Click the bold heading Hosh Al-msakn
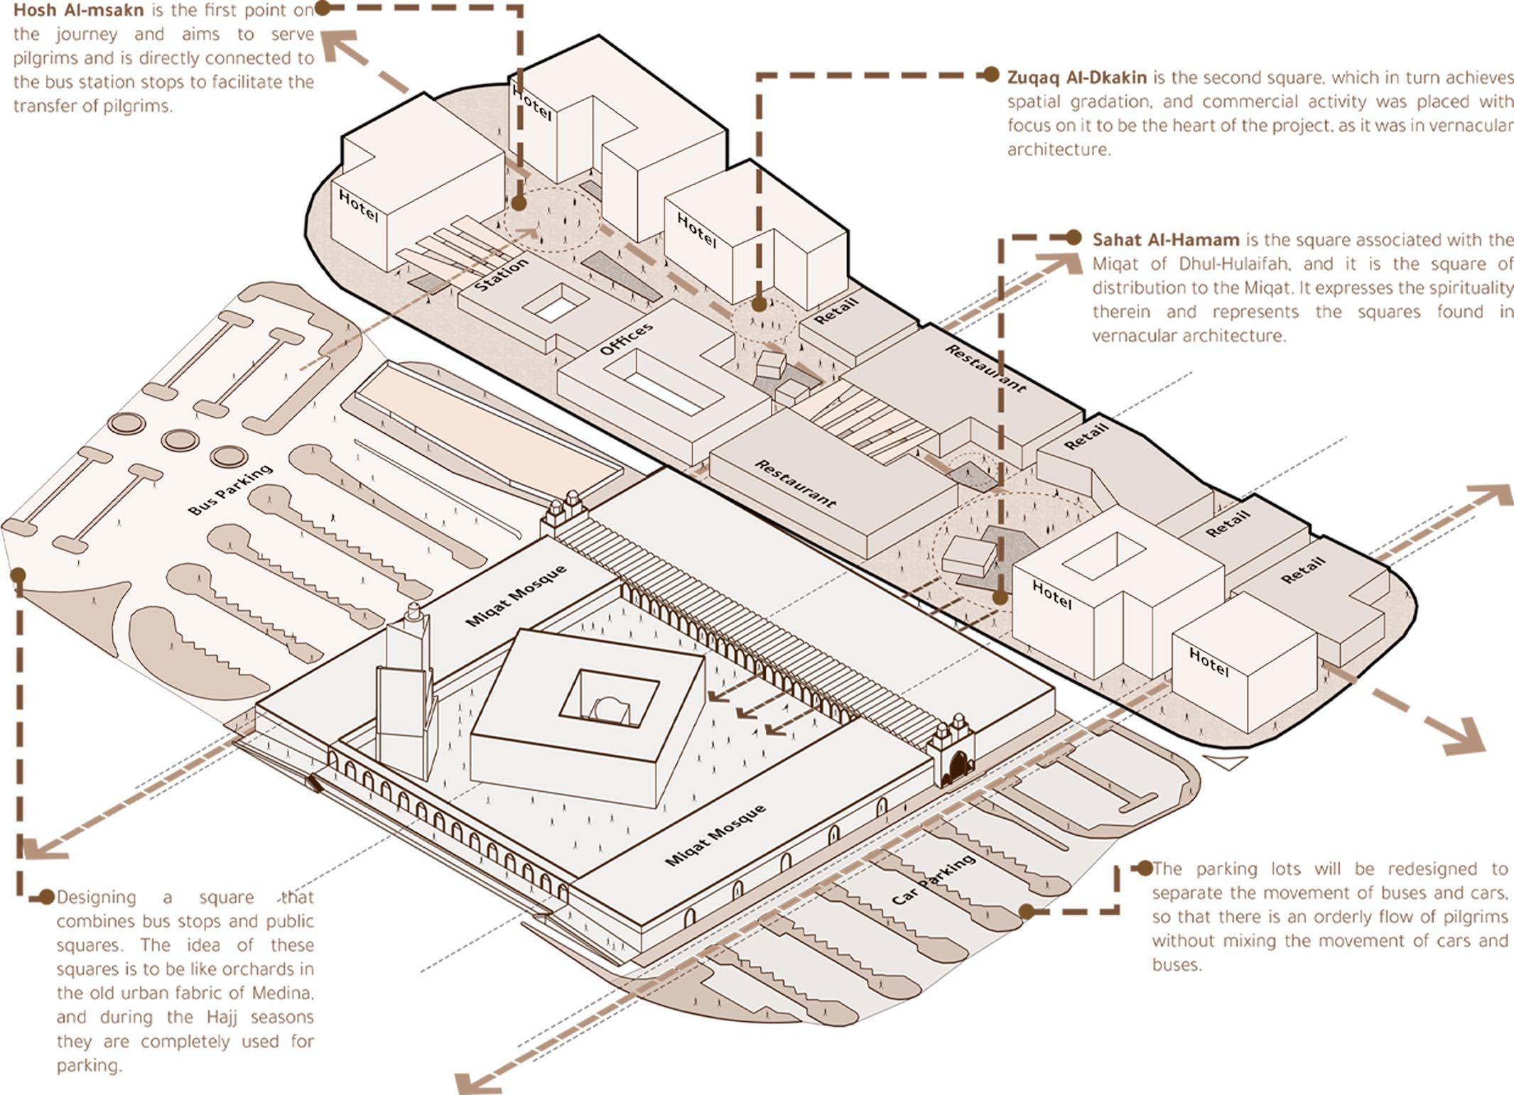click(x=78, y=11)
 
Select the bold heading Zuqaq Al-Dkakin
click(x=1076, y=77)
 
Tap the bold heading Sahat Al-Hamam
click(x=1166, y=239)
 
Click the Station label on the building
click(x=502, y=274)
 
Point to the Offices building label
click(x=626, y=339)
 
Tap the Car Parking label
click(x=933, y=880)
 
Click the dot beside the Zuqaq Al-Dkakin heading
click(x=991, y=75)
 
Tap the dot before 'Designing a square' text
click(x=47, y=897)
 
